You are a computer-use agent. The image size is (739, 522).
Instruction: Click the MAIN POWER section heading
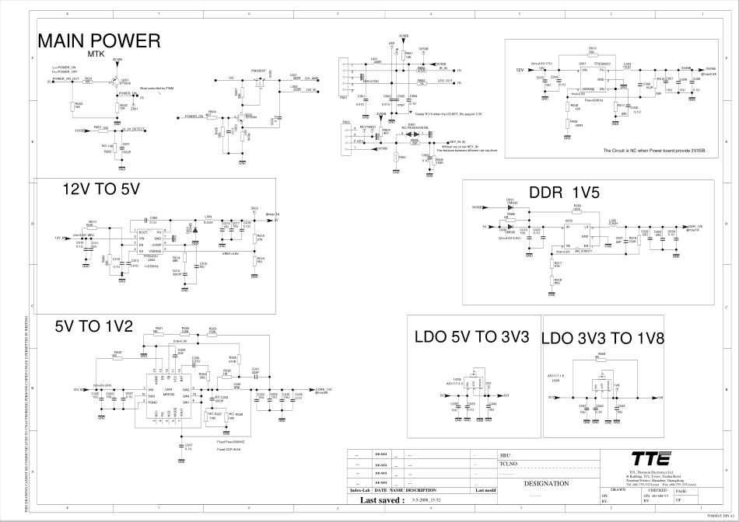(99, 41)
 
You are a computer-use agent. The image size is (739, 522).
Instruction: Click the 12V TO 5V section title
(100, 189)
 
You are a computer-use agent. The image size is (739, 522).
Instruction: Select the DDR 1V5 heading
(563, 192)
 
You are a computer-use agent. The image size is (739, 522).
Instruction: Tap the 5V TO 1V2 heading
(94, 325)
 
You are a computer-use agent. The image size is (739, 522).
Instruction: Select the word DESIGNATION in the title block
(547, 483)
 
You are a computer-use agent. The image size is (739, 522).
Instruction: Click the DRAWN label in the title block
(618, 491)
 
